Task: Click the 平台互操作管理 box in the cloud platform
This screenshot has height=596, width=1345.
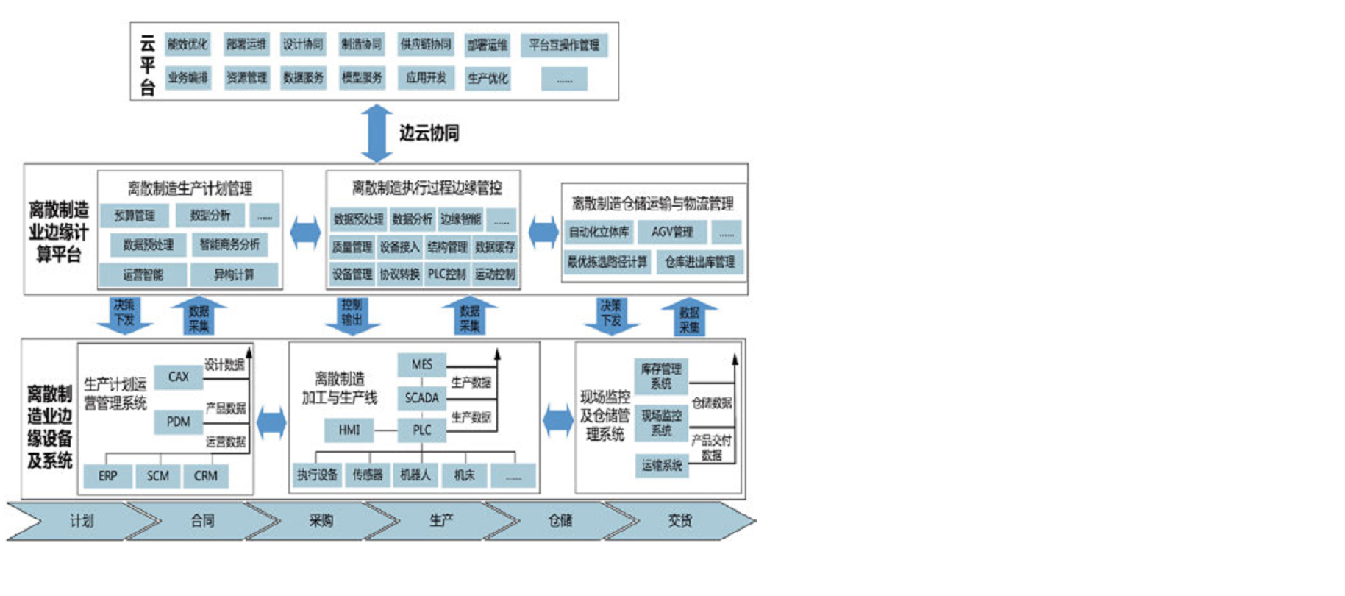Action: click(564, 45)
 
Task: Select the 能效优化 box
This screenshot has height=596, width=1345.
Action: click(188, 44)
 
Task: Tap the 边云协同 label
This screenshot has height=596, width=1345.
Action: click(429, 133)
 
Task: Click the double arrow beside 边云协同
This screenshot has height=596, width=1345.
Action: click(377, 133)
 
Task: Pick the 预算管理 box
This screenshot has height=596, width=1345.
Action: click(135, 216)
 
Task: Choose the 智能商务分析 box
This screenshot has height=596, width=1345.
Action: click(229, 244)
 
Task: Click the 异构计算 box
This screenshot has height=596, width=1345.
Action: click(234, 275)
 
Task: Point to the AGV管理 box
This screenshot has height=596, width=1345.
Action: click(671, 232)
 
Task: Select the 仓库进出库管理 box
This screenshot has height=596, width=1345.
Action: click(699, 261)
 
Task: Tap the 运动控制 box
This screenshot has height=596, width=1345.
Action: click(495, 274)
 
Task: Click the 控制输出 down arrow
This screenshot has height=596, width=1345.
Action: click(352, 315)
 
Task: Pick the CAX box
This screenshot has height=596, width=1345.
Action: click(179, 377)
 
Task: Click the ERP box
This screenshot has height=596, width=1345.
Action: click(107, 476)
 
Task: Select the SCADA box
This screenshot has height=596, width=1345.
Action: click(421, 398)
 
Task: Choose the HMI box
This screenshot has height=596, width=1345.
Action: click(349, 430)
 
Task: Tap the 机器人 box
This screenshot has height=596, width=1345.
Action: click(415, 475)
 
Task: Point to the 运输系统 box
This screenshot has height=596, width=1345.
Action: click(662, 465)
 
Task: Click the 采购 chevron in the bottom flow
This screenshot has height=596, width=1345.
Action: click(322, 521)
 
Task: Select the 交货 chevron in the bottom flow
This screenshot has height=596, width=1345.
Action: click(680, 521)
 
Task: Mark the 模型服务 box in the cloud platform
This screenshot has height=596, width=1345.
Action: click(362, 77)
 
